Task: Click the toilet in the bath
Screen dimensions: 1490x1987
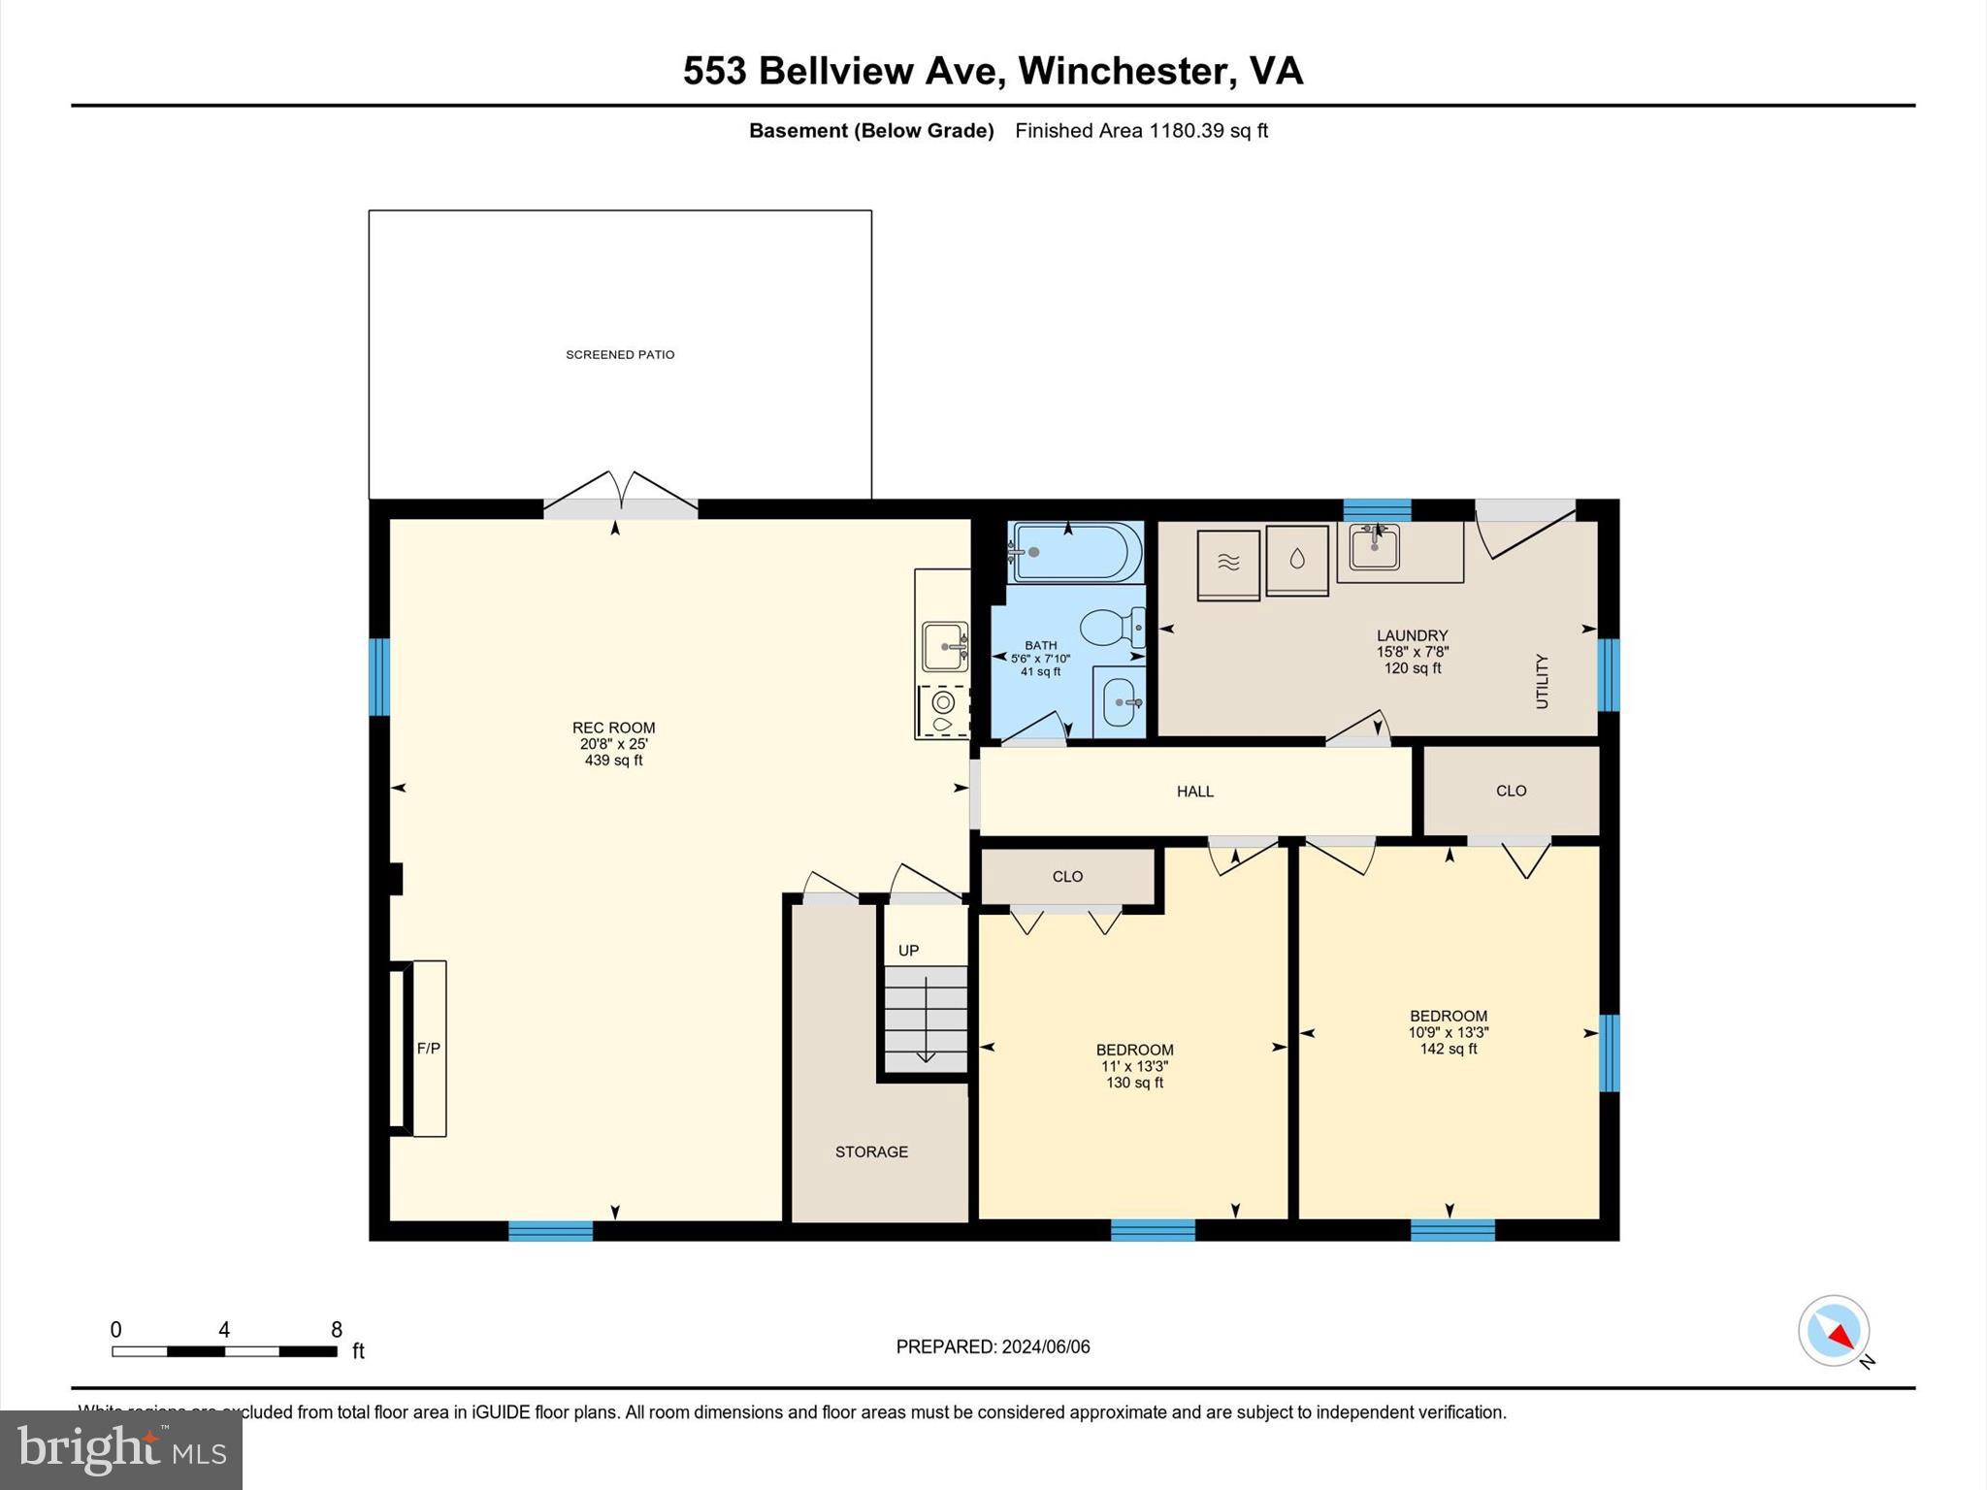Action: click(x=1111, y=629)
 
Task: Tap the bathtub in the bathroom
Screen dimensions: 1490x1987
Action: click(x=1075, y=552)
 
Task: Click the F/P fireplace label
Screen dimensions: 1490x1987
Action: click(x=428, y=1049)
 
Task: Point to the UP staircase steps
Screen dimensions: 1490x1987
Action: click(x=926, y=1018)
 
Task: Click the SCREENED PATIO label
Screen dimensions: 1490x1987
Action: click(x=620, y=355)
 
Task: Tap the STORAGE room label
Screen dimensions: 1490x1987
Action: click(x=871, y=1152)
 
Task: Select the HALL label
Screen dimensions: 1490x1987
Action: click(x=1194, y=792)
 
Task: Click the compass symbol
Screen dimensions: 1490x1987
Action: click(x=1833, y=1331)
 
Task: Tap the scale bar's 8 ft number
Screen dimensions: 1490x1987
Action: click(x=337, y=1330)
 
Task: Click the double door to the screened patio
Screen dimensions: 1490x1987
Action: click(x=620, y=493)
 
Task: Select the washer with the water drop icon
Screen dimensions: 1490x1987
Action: click(x=1297, y=560)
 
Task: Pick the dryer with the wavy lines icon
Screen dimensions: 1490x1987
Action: click(x=1228, y=564)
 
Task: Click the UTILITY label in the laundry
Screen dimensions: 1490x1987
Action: click(x=1542, y=681)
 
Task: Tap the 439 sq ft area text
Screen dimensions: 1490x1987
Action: click(x=613, y=761)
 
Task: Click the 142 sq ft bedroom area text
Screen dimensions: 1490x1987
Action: click(x=1449, y=1049)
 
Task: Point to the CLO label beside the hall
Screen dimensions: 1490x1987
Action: click(x=1511, y=792)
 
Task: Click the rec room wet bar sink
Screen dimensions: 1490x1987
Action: click(x=944, y=646)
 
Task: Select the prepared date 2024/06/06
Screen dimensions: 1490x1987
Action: click(x=1046, y=1346)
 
